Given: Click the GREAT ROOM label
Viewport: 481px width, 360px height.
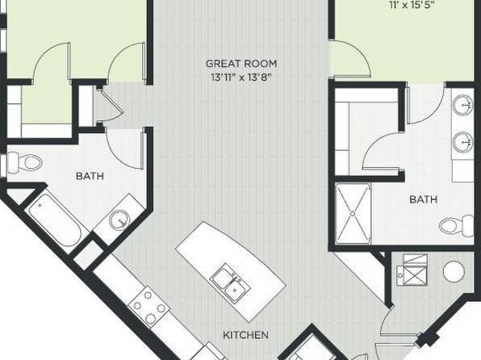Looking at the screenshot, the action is tap(241, 64).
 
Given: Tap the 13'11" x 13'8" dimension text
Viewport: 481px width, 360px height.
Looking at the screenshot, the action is tap(241, 77).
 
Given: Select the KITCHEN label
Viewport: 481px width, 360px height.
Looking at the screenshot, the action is tap(245, 335).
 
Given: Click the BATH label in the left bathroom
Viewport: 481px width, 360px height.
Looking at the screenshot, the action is tap(90, 176).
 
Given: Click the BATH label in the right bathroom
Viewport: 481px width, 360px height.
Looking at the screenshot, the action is tap(424, 199).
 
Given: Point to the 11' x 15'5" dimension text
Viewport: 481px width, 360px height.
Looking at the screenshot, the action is tap(412, 5).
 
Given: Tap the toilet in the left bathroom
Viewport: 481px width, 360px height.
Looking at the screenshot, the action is tap(24, 161).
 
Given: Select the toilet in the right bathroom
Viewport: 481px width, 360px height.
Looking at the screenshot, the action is tap(457, 226).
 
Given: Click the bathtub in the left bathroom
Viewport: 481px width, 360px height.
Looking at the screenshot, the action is tap(55, 220).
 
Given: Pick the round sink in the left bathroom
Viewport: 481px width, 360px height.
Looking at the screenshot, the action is tap(120, 220).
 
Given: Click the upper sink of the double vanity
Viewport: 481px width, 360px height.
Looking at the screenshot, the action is tap(463, 105).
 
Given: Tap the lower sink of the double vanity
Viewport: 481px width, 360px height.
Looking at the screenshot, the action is tap(463, 142).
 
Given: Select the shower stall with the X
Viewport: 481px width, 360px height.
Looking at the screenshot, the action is tap(353, 214).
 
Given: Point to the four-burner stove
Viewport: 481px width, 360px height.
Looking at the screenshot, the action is tap(148, 307).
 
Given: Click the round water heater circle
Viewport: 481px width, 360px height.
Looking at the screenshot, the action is tap(454, 272).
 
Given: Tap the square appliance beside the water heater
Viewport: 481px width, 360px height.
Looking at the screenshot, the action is tap(412, 270).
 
